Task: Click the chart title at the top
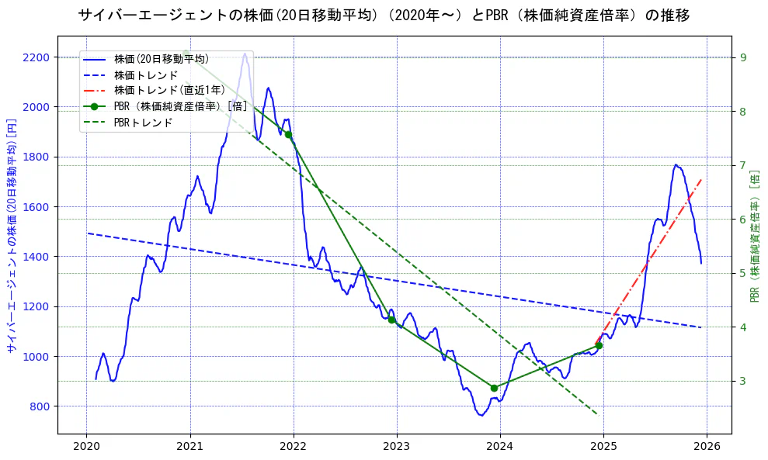pos(384,16)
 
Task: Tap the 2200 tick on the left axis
pos(37,57)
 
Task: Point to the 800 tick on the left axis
pos(40,406)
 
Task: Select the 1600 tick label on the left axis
pos(37,207)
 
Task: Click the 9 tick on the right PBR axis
pos(743,57)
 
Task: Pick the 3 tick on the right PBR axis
pos(743,381)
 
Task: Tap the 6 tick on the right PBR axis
pos(743,220)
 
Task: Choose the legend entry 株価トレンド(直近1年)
pos(169,91)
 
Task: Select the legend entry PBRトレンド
pos(144,123)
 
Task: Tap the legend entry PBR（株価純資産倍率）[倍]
pos(180,106)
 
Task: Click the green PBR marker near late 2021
pos(288,134)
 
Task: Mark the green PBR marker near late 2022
pos(391,320)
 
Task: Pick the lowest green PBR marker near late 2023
pos(494,388)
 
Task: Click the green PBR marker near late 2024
pos(598,345)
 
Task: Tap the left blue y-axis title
pos(12,235)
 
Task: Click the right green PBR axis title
pos(755,235)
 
